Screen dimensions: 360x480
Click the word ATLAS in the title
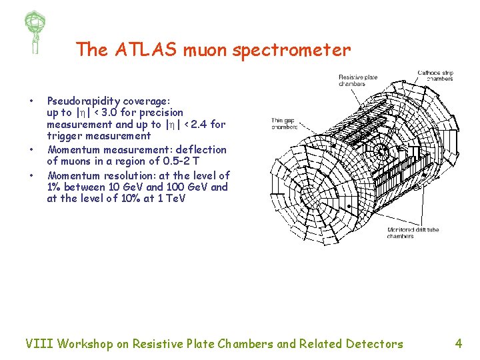point(138,49)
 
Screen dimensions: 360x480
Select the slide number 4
point(458,344)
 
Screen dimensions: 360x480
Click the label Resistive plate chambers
point(357,81)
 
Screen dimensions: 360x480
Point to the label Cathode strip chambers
point(435,75)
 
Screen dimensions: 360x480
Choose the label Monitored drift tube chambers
point(413,233)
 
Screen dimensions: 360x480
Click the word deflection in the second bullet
point(199,150)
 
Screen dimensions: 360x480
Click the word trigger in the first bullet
point(65,136)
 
